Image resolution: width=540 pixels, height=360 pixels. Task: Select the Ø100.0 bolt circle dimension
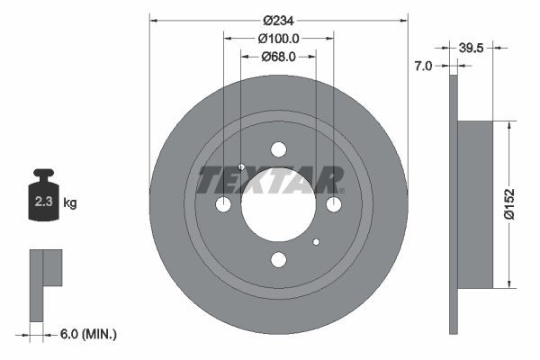pyautogui.click(x=278, y=38)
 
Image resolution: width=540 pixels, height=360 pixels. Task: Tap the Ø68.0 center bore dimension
pyautogui.click(x=278, y=57)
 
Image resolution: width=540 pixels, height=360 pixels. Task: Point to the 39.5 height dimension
pyautogui.click(x=473, y=46)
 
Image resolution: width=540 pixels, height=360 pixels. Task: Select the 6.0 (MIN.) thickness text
pyautogui.click(x=86, y=334)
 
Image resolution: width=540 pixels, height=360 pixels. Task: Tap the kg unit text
pyautogui.click(x=70, y=203)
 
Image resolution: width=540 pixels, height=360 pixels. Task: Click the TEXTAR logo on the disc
pyautogui.click(x=270, y=181)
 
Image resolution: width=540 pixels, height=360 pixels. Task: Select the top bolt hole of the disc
pyautogui.click(x=278, y=149)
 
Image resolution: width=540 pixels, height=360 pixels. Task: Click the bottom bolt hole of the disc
pyautogui.click(x=278, y=259)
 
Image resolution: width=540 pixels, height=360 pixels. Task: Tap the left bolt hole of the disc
pyautogui.click(x=223, y=204)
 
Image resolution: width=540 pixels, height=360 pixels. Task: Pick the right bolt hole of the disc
pyautogui.click(x=333, y=204)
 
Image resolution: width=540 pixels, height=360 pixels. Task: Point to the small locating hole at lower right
pyautogui.click(x=316, y=241)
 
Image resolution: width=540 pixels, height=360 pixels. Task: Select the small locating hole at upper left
pyautogui.click(x=241, y=167)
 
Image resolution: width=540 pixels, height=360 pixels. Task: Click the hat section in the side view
pyautogui.click(x=476, y=204)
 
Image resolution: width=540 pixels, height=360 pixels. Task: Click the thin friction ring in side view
pyautogui.click(x=453, y=204)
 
